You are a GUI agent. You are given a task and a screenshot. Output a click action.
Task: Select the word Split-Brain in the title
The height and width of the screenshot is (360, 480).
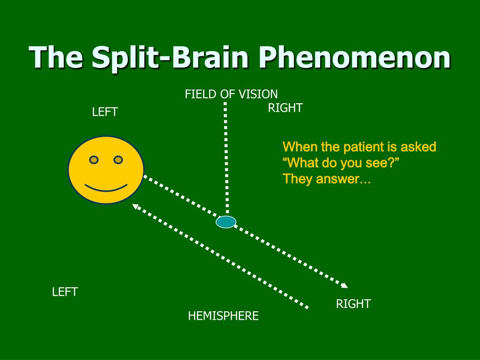pos(170,58)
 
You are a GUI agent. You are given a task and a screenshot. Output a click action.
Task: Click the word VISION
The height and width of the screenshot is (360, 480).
pos(258,94)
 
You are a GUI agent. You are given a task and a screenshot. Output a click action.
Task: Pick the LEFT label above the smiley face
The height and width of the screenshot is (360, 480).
pos(105,112)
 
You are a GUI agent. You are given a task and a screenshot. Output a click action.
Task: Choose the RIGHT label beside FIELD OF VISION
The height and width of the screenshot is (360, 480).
pos(285,108)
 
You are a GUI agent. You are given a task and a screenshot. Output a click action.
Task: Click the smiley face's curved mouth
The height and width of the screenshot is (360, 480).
pos(106,188)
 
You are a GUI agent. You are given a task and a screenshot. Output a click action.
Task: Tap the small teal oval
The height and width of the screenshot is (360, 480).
pos(226,222)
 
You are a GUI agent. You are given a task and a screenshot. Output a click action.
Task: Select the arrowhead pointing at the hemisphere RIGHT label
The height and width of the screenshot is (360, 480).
pos(345,285)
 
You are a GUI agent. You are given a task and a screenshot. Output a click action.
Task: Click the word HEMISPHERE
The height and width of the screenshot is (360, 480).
pos(223,316)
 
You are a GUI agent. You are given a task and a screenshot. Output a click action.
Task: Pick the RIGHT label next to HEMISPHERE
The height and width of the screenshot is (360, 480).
pos(353,304)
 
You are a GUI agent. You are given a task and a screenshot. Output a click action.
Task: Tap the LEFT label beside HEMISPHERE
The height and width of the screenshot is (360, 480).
pos(65,292)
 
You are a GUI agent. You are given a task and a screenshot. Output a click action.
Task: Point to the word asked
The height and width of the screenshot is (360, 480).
pos(418,147)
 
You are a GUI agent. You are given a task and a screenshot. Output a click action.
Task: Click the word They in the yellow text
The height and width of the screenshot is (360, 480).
pos(295,179)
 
